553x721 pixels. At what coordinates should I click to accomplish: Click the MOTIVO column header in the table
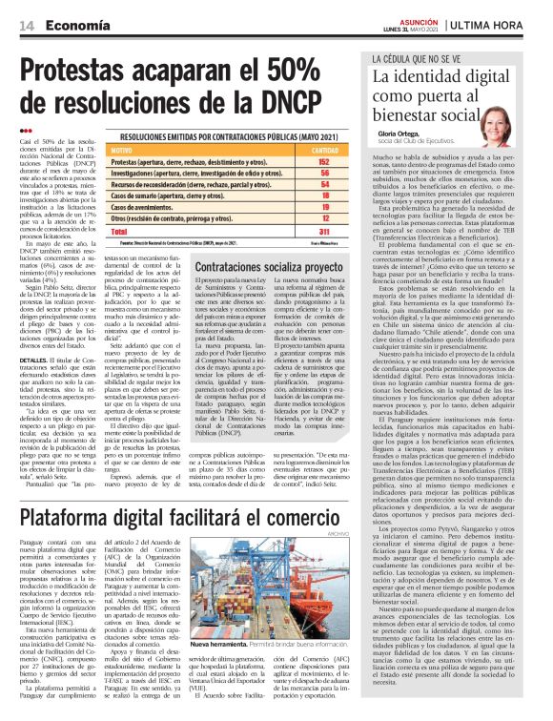click(x=123, y=151)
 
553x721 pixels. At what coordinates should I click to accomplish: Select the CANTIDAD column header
click(x=324, y=151)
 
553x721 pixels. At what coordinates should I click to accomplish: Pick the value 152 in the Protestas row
click(x=324, y=162)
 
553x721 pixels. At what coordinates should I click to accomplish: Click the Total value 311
click(x=324, y=231)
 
